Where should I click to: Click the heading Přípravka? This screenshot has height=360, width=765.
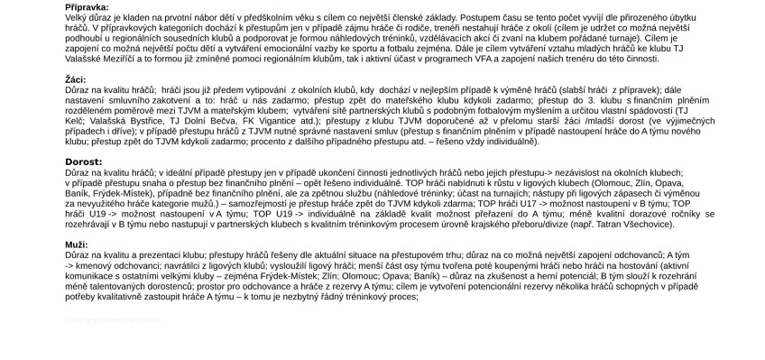(87, 7)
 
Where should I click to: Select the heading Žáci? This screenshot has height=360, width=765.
(76, 79)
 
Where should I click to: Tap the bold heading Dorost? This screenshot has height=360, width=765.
(83, 162)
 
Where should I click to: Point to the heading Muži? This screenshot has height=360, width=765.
(76, 245)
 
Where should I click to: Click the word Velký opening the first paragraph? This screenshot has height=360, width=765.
(77, 16)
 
